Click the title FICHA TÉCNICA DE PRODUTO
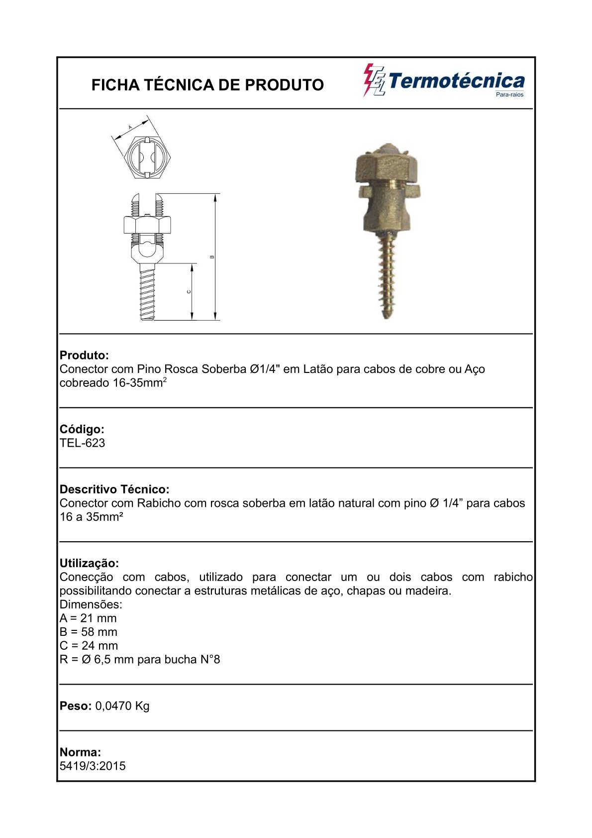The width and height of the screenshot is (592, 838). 207,85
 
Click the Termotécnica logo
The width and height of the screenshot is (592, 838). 444,81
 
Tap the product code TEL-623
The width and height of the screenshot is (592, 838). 83,443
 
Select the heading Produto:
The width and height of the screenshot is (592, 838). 84,356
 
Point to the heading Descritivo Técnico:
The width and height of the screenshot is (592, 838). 114,489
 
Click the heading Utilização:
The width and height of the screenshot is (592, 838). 89,563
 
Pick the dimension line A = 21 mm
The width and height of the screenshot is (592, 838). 88,618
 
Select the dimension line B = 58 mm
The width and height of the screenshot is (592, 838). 89,632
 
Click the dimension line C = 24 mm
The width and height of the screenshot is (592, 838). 89,646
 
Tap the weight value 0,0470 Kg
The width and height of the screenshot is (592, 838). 122,706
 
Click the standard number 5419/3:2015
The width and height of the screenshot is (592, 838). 93,766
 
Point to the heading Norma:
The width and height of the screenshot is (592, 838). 80,752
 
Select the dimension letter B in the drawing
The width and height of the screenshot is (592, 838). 212,257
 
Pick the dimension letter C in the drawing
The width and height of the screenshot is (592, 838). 189,292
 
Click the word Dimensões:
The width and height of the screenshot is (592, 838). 91,604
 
